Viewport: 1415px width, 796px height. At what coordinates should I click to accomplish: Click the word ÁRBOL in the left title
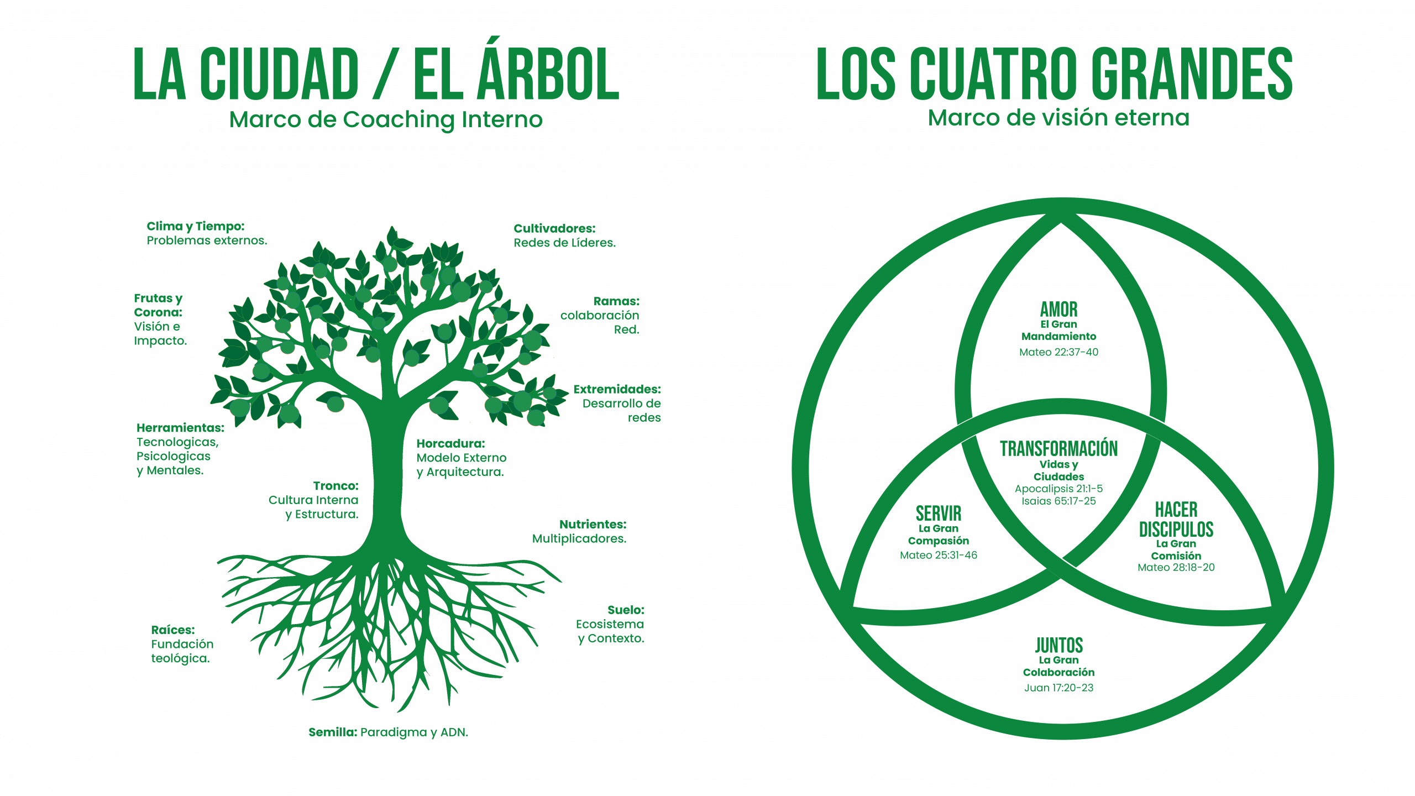[548, 75]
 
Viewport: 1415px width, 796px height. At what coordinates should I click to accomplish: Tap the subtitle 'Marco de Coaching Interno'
[386, 120]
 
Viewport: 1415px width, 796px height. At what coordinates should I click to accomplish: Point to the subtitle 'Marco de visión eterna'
[1058, 118]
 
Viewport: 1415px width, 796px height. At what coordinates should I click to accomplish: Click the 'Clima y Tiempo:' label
[195, 226]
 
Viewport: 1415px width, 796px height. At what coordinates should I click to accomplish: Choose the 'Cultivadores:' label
[554, 228]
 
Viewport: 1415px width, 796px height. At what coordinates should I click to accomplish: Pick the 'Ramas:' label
[616, 301]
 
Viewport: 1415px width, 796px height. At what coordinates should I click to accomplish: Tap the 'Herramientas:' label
[180, 428]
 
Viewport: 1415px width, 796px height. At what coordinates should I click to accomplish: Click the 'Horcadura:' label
[450, 443]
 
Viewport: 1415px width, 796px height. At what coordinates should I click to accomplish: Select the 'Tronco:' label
[336, 486]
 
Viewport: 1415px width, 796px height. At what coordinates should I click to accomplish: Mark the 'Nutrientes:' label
[593, 524]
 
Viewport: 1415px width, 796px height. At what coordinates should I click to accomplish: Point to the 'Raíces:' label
[172, 630]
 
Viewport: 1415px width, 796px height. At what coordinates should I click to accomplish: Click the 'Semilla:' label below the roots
[332, 732]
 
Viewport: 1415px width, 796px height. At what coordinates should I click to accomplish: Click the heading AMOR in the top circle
[1058, 309]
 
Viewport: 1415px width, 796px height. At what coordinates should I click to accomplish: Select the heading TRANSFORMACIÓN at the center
[1058, 448]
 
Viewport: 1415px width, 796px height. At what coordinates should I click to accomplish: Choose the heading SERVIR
[938, 514]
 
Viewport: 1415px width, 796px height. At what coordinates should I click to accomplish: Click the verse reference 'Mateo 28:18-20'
[1176, 567]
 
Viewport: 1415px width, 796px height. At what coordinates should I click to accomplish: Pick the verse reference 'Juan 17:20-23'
[1058, 688]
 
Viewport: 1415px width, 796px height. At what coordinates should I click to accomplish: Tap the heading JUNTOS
[1058, 645]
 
